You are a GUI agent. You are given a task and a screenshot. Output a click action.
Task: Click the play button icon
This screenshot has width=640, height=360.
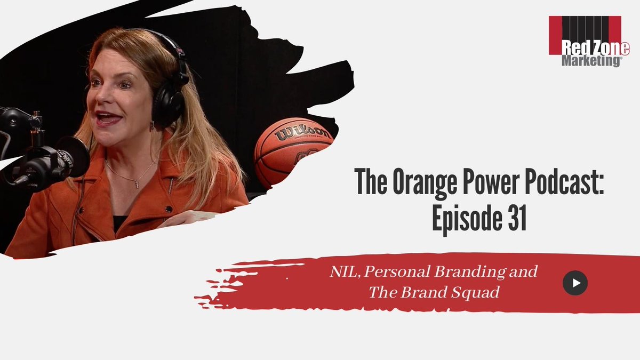point(575,283)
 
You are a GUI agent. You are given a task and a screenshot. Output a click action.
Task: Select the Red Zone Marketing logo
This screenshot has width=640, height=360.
point(585,41)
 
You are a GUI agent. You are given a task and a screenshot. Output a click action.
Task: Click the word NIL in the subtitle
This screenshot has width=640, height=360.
point(338,272)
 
